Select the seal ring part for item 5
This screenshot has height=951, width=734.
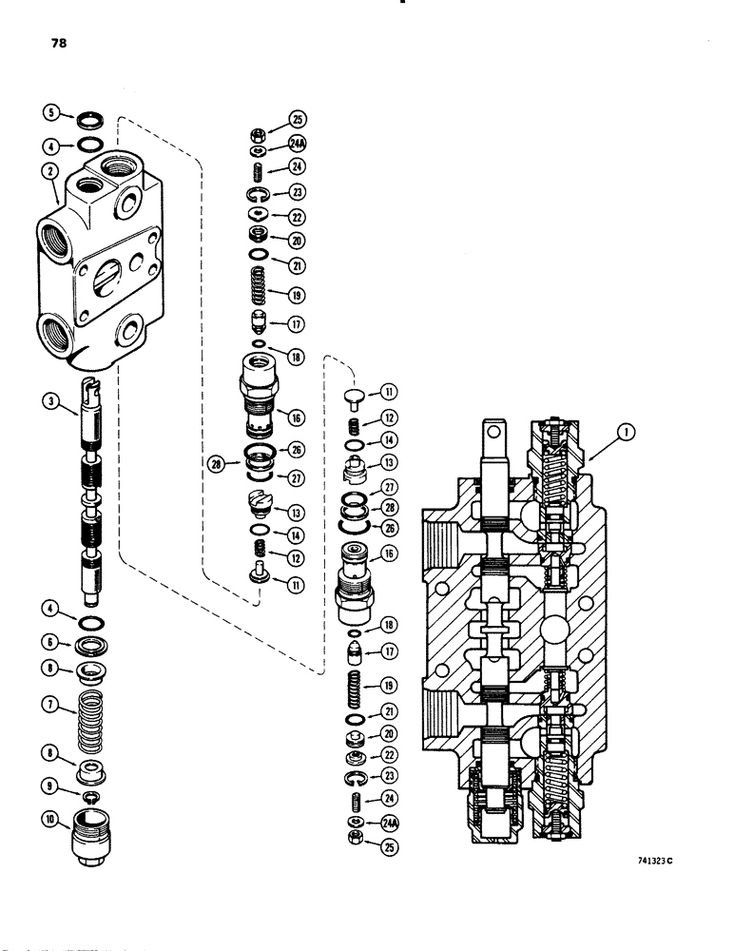click(93, 119)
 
